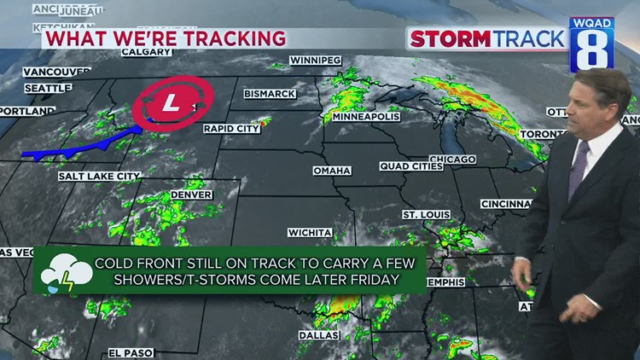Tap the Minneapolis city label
pos(366,117)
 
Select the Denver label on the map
pos(191,195)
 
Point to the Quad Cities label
pos(406,165)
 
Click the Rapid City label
pos(230,129)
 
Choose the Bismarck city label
pos(270,93)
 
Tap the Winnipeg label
pos(315,61)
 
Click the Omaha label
pos(332,171)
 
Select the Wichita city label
pos(310,232)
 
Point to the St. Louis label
pos(421,213)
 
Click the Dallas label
pos(318,335)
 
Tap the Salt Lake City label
pos(99,177)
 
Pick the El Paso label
pos(130,352)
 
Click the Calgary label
pos(142,52)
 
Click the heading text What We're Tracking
pos(165,38)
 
